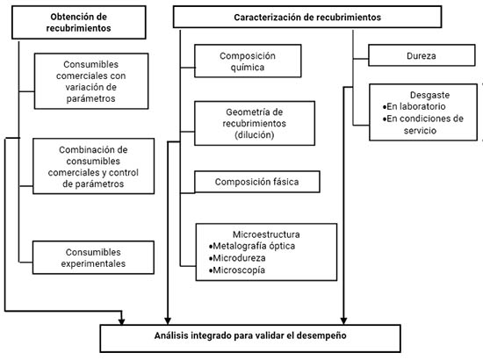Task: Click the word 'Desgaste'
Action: pyautogui.click(x=429, y=95)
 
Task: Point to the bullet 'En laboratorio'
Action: pyautogui.click(x=414, y=106)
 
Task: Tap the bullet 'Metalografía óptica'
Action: pyautogui.click(x=252, y=246)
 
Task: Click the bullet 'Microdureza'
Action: pyautogui.click(x=237, y=258)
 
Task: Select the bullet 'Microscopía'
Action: pyautogui.click(x=236, y=270)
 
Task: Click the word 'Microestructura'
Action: pyautogui.click(x=266, y=234)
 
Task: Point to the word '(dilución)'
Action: pyautogui.click(x=255, y=135)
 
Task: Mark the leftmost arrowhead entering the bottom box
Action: pyautogui.click(x=122, y=321)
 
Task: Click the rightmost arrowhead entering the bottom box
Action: pyautogui.click(x=343, y=320)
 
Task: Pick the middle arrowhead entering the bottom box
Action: pyautogui.click(x=168, y=320)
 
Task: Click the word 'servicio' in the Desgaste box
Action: pyautogui.click(x=420, y=131)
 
